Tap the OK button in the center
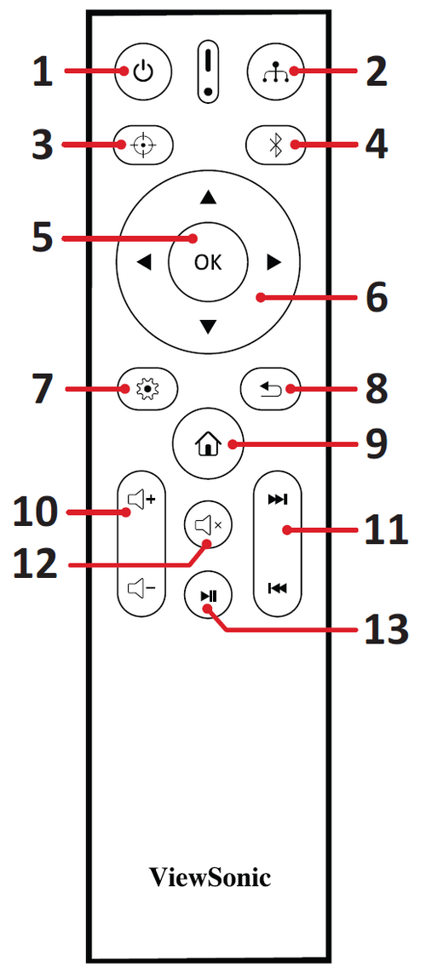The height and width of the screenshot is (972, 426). coord(208,262)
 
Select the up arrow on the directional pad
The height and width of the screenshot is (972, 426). coord(208,197)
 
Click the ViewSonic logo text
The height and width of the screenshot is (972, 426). coord(210,878)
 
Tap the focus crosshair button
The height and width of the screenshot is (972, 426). coord(143,146)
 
